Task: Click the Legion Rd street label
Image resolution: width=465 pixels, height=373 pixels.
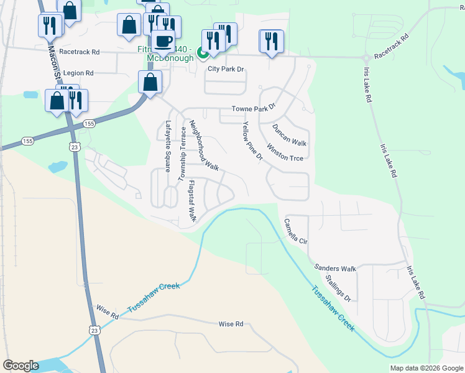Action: point(78,73)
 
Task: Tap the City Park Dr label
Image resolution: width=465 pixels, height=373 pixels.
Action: point(226,69)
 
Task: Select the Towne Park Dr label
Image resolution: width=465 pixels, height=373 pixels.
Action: point(252,109)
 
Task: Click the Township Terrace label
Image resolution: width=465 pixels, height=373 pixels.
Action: point(183,154)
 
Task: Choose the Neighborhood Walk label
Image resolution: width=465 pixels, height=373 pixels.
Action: point(205,145)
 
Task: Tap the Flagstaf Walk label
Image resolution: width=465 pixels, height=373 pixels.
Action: point(192,201)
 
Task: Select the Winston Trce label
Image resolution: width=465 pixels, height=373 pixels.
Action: point(285,153)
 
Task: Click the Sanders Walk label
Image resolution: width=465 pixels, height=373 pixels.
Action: point(335,268)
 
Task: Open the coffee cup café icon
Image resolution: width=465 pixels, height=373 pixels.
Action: point(163,42)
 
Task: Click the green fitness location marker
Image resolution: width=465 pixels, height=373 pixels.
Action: point(203,53)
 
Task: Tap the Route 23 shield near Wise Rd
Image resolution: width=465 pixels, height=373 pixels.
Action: point(93,328)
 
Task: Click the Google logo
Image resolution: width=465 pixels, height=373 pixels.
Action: point(21,366)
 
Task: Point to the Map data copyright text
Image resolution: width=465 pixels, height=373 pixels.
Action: point(427,368)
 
